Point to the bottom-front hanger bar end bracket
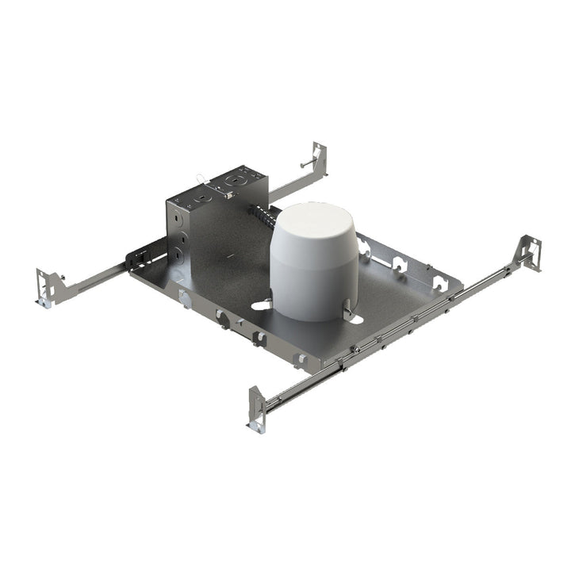tap(257, 409)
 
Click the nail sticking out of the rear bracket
tap(306, 164)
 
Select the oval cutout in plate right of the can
tap(354, 320)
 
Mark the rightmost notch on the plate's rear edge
tap(438, 282)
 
